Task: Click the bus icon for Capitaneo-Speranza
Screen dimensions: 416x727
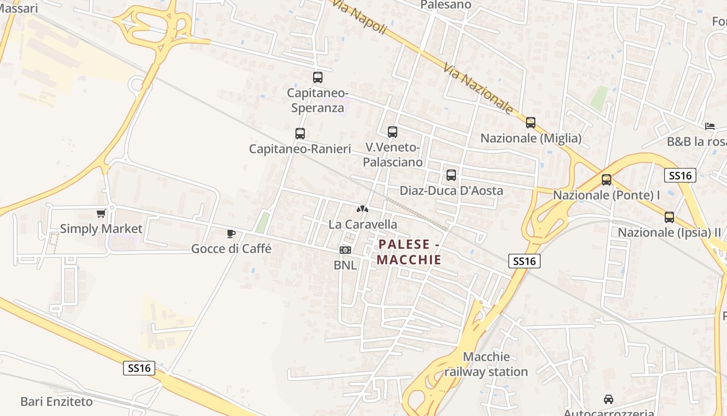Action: click(318, 77)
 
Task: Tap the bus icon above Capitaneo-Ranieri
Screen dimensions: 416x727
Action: click(300, 133)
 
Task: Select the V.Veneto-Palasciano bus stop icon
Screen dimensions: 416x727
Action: click(393, 132)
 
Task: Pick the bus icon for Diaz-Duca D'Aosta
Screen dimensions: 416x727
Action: click(451, 175)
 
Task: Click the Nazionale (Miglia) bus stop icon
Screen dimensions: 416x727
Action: click(531, 123)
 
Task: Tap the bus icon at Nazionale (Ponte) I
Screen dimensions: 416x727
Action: click(607, 180)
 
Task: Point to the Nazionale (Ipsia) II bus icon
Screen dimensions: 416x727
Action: click(669, 217)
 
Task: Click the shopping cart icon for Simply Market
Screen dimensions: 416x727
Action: click(101, 213)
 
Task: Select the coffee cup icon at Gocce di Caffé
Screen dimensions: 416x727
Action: click(231, 233)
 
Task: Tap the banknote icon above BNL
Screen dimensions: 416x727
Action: click(345, 250)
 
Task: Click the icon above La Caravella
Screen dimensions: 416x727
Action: click(362, 209)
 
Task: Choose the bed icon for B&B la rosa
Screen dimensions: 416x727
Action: click(710, 126)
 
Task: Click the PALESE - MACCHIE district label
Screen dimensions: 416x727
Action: click(410, 252)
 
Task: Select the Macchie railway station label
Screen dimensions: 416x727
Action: click(486, 364)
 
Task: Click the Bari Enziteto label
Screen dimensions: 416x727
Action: click(57, 401)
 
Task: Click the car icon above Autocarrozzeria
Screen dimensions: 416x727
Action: click(609, 399)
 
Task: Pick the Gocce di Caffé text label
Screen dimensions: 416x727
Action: click(231, 249)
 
